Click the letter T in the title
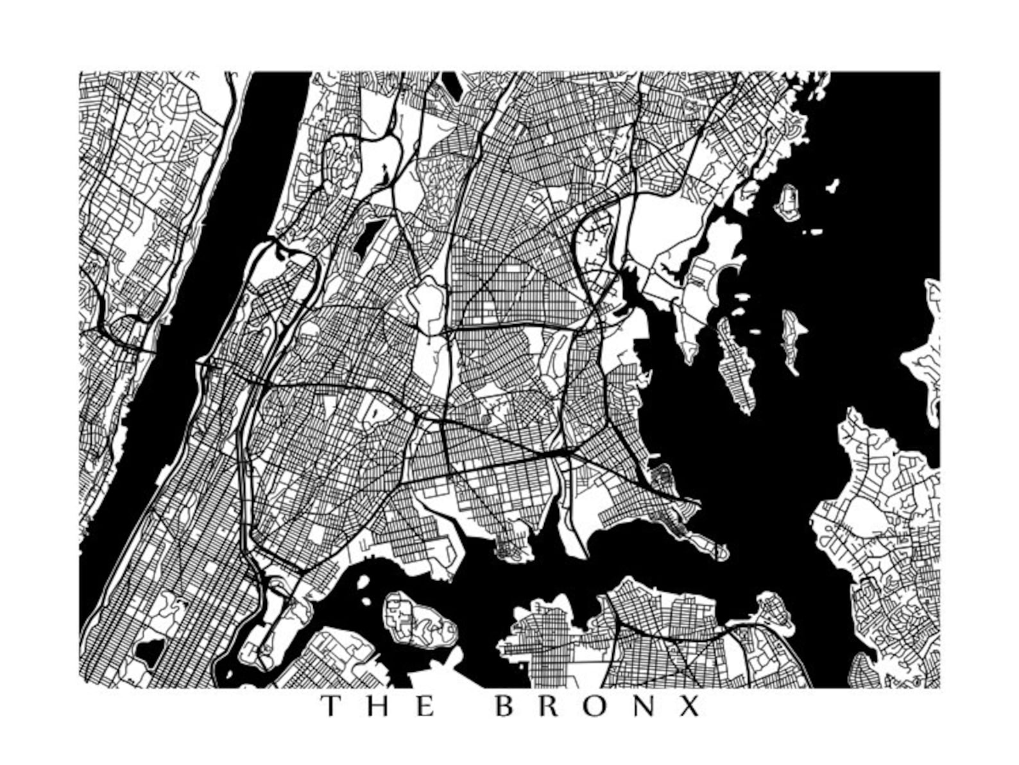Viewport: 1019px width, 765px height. pyautogui.click(x=331, y=706)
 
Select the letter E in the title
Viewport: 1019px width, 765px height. pyautogui.click(x=424, y=706)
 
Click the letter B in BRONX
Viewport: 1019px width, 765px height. pyautogui.click(x=506, y=706)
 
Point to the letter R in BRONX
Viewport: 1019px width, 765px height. pyautogui.click(x=551, y=706)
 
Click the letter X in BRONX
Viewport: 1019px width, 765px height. pyautogui.click(x=690, y=706)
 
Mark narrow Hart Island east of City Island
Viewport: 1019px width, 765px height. pyautogui.click(x=793, y=340)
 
